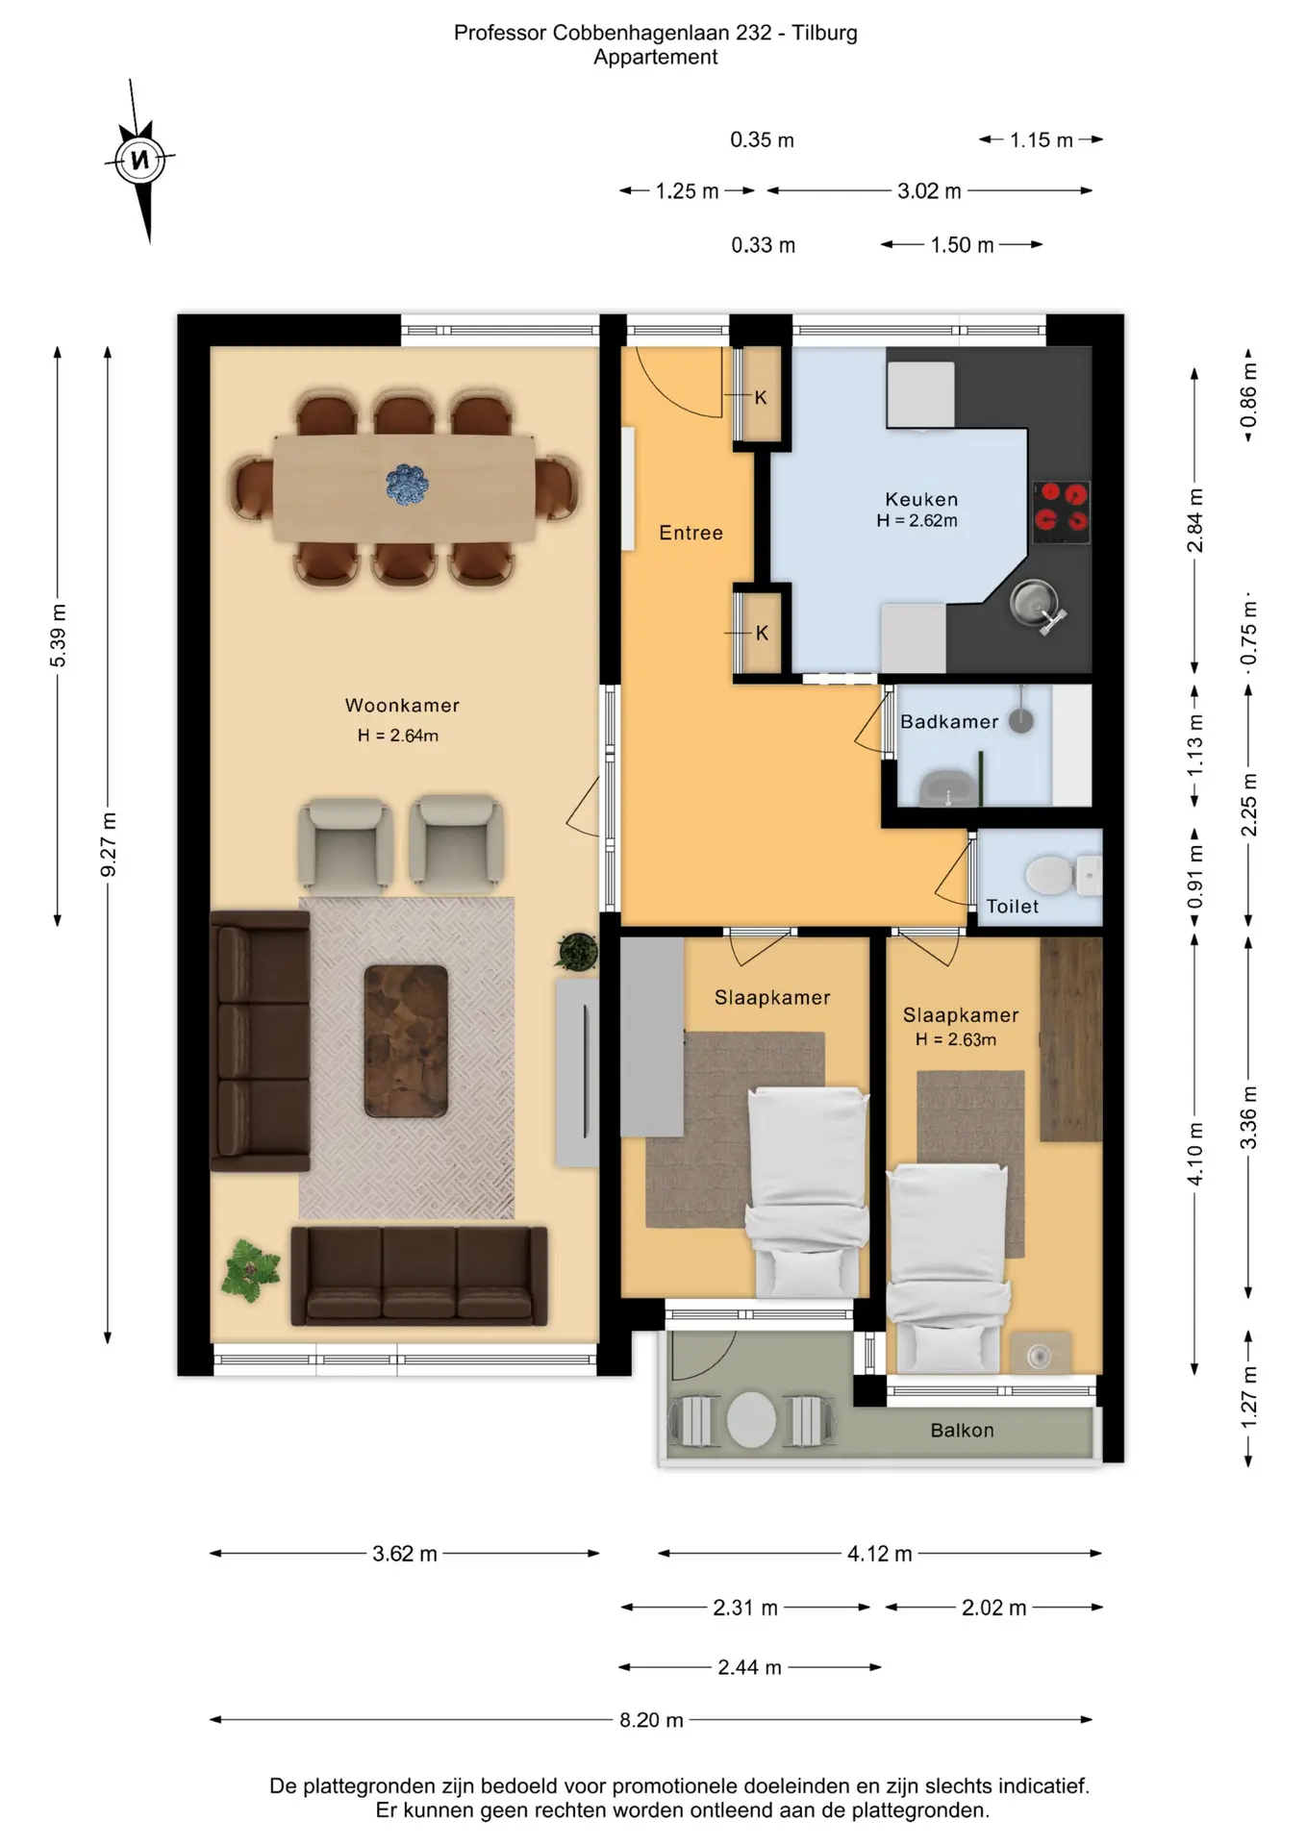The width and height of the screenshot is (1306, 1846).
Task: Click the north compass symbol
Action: [x=140, y=160]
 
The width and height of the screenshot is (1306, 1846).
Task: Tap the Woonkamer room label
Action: [x=402, y=706]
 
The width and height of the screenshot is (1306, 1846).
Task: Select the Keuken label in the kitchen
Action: [x=921, y=499]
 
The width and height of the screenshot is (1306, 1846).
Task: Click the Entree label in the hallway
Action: [x=691, y=533]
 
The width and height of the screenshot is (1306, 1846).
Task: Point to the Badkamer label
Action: [x=949, y=721]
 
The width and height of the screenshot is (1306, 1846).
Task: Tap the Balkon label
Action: [x=962, y=1430]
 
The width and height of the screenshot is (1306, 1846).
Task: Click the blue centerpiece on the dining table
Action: [x=407, y=485]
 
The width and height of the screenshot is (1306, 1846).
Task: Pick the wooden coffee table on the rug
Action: [x=406, y=1041]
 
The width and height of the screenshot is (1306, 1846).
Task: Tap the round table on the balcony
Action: [x=751, y=1420]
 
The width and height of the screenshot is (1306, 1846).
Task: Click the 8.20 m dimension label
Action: [x=651, y=1720]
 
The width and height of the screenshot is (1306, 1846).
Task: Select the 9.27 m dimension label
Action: [x=109, y=844]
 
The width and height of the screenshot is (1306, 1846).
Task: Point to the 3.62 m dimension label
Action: [x=405, y=1554]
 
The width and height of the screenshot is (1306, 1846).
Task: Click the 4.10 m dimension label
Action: [x=1195, y=1154]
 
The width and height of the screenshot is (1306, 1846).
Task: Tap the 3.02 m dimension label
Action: [x=929, y=191]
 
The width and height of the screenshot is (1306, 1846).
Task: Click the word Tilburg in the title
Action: [x=824, y=33]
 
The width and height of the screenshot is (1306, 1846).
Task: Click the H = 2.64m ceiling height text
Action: [x=398, y=736]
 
